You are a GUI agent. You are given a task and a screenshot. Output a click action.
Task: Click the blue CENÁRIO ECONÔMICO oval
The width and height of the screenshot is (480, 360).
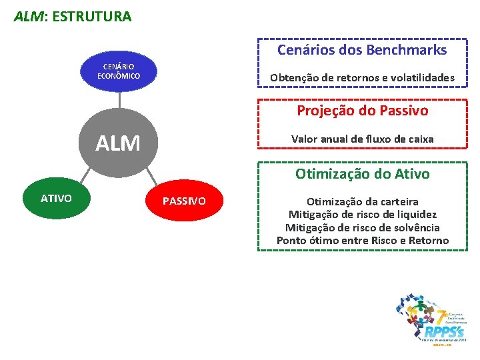pyautogui.click(x=119, y=71)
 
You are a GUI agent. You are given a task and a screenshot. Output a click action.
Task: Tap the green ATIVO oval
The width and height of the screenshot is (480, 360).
pyautogui.click(x=56, y=198)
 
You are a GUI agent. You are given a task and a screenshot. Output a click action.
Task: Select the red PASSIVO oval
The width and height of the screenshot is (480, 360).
pyautogui.click(x=185, y=201)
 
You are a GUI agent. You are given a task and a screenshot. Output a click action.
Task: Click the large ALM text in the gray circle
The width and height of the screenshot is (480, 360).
pyautogui.click(x=118, y=143)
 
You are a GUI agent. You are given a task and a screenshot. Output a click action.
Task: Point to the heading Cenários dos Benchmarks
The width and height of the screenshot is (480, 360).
pyautogui.click(x=362, y=50)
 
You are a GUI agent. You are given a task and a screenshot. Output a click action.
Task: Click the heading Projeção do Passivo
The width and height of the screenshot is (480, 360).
pyautogui.click(x=362, y=110)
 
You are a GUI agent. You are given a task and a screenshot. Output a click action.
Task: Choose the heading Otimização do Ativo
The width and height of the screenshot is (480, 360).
pyautogui.click(x=362, y=174)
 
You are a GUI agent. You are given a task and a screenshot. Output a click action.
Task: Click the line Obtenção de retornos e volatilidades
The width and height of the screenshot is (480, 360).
pyautogui.click(x=362, y=78)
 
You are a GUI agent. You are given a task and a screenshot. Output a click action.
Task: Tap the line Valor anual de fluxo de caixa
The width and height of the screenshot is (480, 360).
pyautogui.click(x=362, y=139)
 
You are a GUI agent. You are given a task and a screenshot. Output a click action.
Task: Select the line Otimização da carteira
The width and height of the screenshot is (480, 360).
pyautogui.click(x=362, y=201)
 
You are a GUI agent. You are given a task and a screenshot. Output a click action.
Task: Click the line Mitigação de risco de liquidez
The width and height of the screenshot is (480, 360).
pyautogui.click(x=362, y=214)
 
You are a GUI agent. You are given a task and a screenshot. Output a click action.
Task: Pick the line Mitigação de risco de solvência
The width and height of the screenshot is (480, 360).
pyautogui.click(x=362, y=227)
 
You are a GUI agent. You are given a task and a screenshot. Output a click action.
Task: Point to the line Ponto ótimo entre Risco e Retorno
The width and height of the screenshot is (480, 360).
pyautogui.click(x=362, y=240)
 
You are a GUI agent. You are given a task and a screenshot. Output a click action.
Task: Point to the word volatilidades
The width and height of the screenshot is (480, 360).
pyautogui.click(x=423, y=78)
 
